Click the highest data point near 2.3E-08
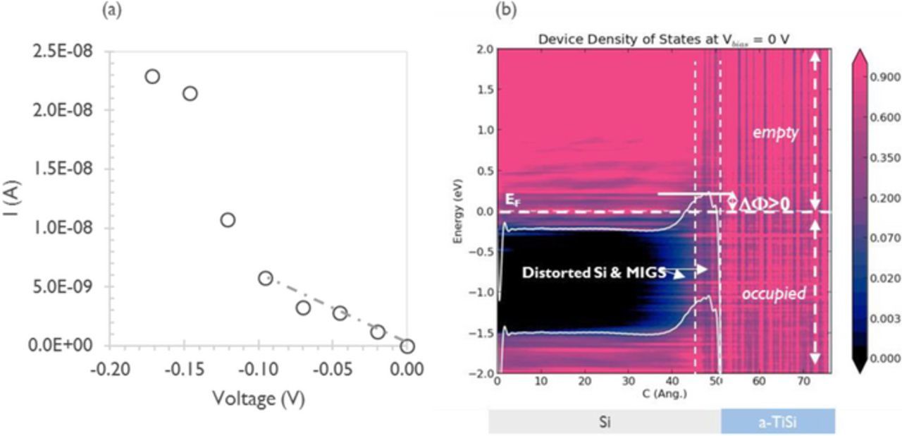point(152,76)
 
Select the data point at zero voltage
point(407,346)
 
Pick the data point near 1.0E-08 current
point(228,220)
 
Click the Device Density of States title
point(662,39)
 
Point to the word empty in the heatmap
point(774,132)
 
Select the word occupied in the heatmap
point(773,293)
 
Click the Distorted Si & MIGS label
point(594,272)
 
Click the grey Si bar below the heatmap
point(605,421)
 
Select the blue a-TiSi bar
point(777,421)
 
